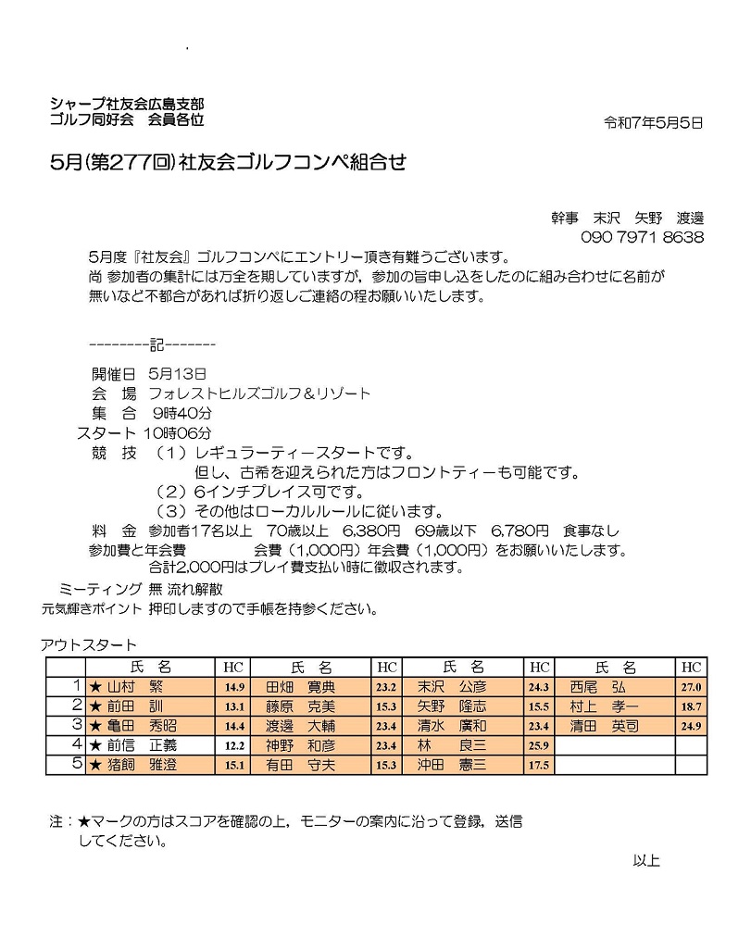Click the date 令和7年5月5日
(653, 122)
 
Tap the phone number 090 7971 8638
(643, 238)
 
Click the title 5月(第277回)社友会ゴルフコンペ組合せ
(229, 162)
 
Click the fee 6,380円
(370, 531)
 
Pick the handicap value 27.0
(692, 688)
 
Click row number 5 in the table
(78, 764)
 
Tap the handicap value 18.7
(692, 707)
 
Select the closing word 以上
(645, 860)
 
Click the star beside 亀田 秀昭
(94, 726)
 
